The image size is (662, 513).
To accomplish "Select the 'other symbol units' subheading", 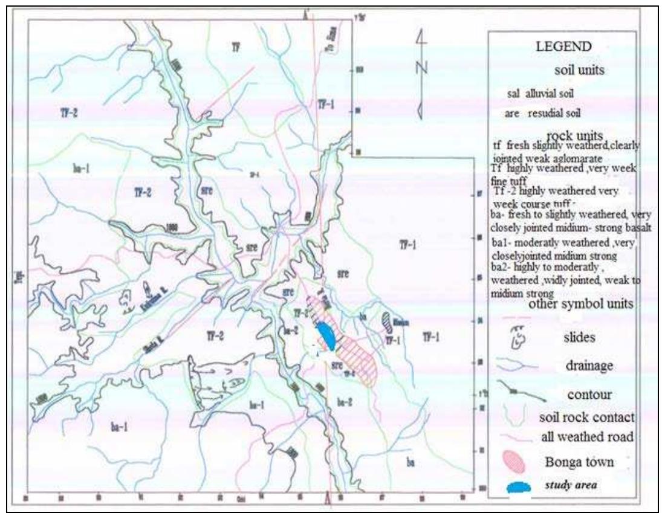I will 580,305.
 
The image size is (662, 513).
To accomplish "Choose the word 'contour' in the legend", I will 583,395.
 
